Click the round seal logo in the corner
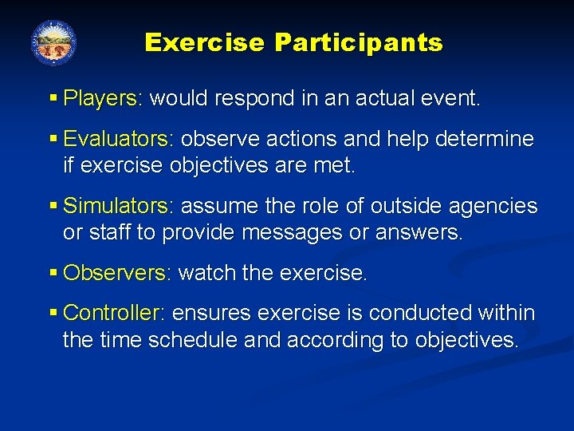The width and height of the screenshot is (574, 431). [x=53, y=43]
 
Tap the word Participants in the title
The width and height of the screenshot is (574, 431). [x=359, y=42]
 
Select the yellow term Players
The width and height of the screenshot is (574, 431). [x=100, y=98]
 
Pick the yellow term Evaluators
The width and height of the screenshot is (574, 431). [x=116, y=139]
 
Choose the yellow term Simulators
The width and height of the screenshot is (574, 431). [x=116, y=206]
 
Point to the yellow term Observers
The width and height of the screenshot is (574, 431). [x=114, y=273]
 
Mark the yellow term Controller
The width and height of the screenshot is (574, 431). [x=112, y=313]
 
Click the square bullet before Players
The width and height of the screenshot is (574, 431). [x=53, y=99]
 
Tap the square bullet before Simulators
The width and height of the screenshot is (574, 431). [x=53, y=207]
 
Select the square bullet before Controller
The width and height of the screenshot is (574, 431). [x=53, y=314]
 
